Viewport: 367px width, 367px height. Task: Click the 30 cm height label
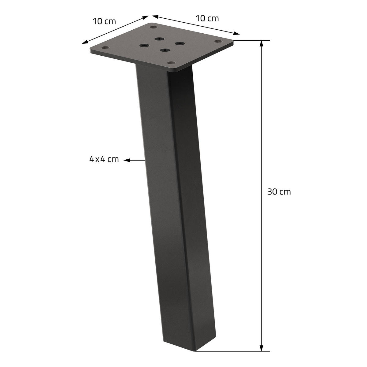pyautogui.click(x=279, y=192)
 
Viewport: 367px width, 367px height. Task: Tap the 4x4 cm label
pyautogui.click(x=104, y=159)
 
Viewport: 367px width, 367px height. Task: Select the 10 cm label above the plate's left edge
pyautogui.click(x=104, y=21)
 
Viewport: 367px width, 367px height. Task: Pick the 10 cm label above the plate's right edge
pyautogui.click(x=207, y=18)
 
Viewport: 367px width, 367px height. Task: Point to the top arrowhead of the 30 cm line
pyautogui.click(x=261, y=43)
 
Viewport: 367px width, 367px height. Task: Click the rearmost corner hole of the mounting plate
pyautogui.click(x=152, y=28)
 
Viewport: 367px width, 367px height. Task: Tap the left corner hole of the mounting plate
pyautogui.click(x=106, y=48)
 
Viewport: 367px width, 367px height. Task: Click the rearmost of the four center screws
pyautogui.click(x=159, y=39)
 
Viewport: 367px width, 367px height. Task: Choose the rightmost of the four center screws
pyautogui.click(x=180, y=43)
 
